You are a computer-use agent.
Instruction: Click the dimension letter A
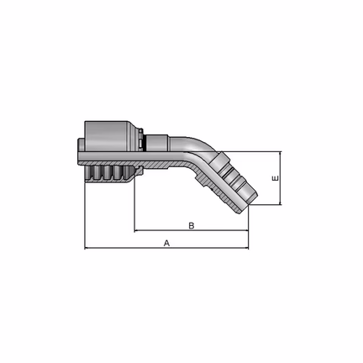click(x=166, y=243)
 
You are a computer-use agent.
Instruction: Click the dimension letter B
click(x=192, y=226)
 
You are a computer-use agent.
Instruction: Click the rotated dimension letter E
click(x=276, y=178)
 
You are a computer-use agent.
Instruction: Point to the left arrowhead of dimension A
click(x=87, y=248)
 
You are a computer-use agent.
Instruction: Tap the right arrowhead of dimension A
click(x=246, y=248)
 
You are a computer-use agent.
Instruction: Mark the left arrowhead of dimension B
click(x=136, y=230)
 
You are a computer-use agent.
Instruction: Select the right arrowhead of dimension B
click(x=246, y=230)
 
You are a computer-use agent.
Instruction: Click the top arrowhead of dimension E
click(x=281, y=154)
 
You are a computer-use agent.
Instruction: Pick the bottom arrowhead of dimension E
click(x=281, y=203)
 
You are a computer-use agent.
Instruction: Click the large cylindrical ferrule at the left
click(x=107, y=136)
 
